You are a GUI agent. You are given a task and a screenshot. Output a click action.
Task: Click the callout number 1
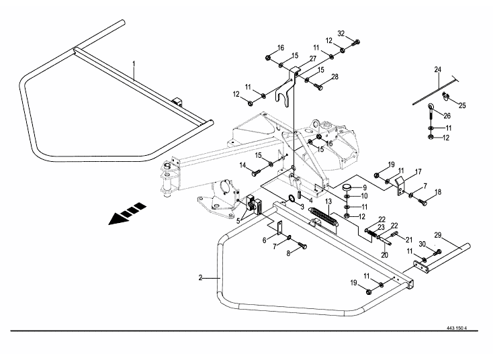tap(134, 64)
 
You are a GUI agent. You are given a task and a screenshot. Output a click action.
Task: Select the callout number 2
tap(200, 278)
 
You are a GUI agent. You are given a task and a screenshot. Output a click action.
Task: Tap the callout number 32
tap(341, 34)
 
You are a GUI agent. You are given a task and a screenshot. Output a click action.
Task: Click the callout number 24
tap(438, 69)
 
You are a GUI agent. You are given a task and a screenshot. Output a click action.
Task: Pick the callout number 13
tap(328, 201)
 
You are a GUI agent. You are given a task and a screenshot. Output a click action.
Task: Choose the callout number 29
tap(438, 235)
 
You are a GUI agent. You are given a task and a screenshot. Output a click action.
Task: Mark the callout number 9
tap(365, 187)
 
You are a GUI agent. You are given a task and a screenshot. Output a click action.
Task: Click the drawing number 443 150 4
tap(457, 328)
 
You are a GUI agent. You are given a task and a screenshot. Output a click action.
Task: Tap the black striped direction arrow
tap(127, 214)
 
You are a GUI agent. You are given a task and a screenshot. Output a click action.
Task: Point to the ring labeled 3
tap(292, 198)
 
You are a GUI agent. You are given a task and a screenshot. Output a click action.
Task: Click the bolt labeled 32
tap(356, 42)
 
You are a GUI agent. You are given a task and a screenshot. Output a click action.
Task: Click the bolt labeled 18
tap(422, 202)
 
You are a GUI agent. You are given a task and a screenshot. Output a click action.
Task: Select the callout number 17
tap(418, 172)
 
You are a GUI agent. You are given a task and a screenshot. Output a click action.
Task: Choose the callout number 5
tap(238, 220)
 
